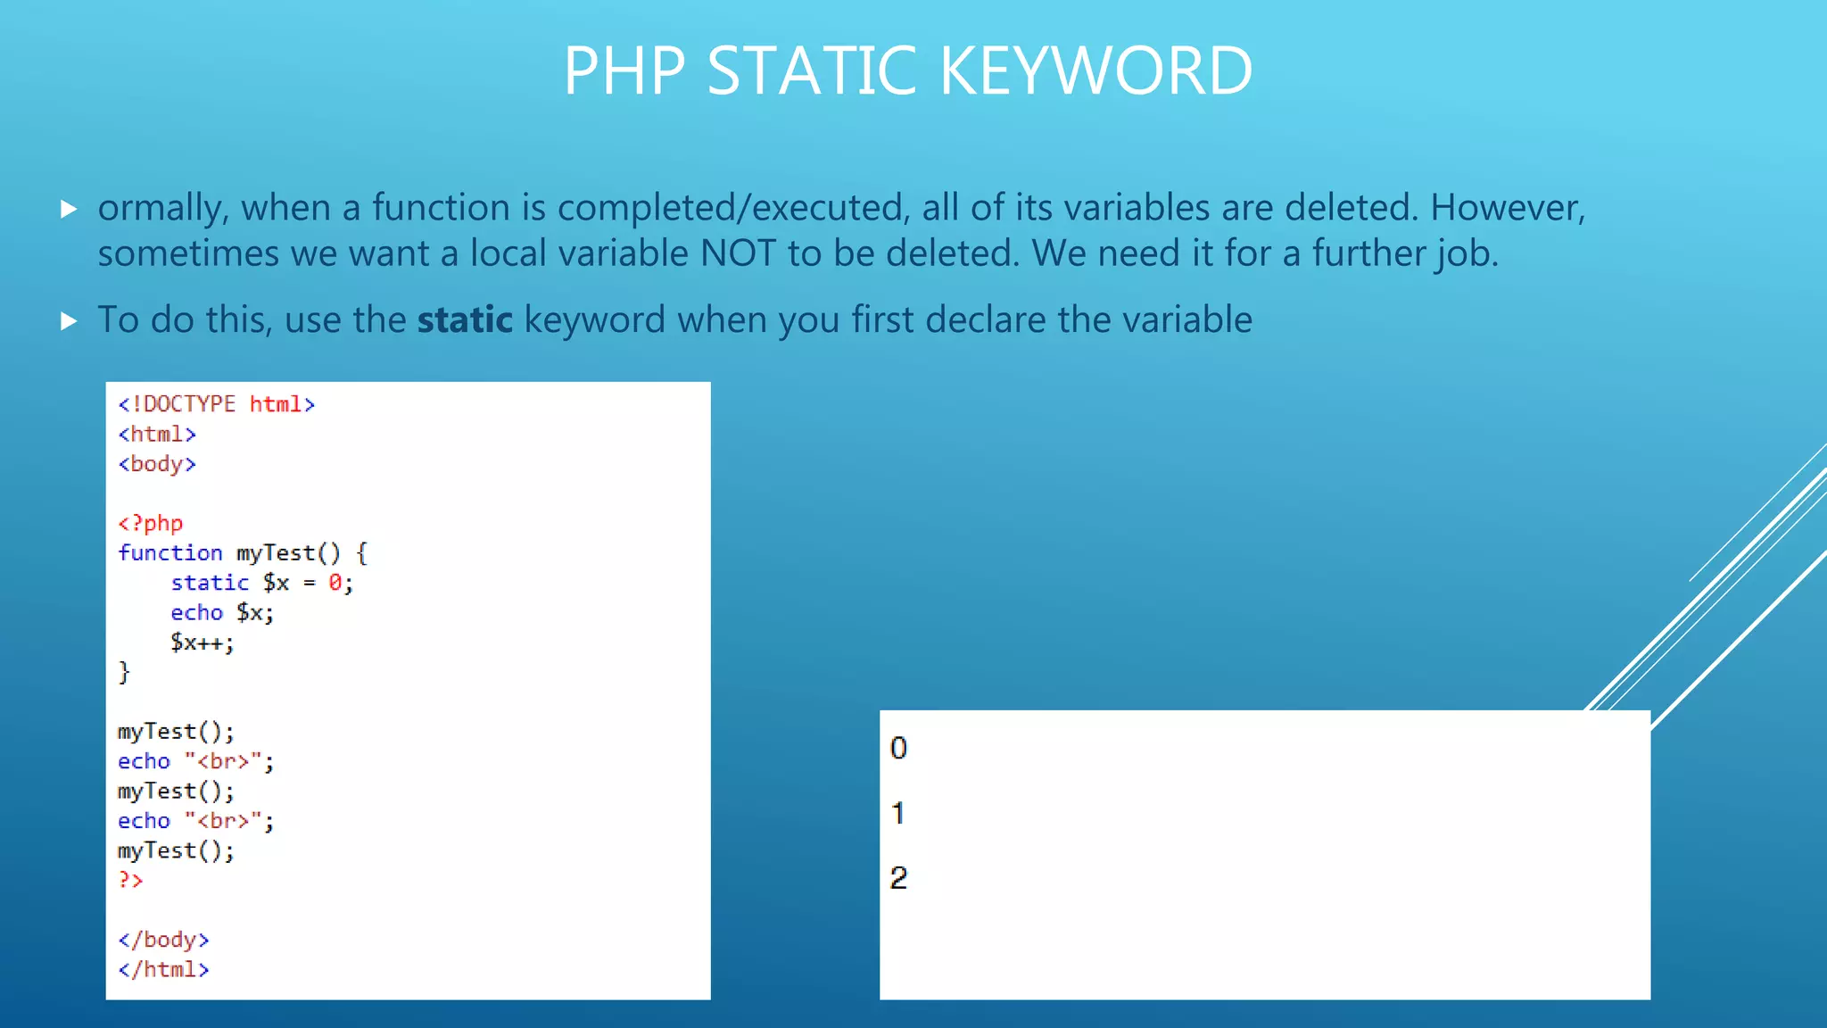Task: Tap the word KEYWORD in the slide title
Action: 1095,70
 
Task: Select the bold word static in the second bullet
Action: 465,319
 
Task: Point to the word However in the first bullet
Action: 1508,207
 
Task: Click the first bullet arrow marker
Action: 69,210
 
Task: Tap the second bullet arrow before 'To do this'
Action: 69,321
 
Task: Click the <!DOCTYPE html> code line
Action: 217,404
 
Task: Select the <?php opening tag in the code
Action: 150,523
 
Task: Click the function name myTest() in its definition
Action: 288,553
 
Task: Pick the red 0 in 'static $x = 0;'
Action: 335,583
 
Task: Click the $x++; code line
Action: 203,642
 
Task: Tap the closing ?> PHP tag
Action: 130,880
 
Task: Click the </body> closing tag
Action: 163,940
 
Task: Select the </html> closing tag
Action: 163,970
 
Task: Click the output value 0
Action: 898,748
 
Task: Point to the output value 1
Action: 897,813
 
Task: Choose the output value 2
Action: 898,878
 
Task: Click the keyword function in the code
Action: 169,553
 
